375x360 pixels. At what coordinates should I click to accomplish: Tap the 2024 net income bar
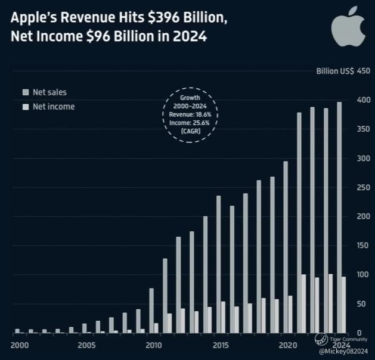pyautogui.click(x=344, y=305)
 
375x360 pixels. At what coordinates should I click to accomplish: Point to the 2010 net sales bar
pyautogui.click(x=151, y=310)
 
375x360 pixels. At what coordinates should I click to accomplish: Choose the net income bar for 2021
pyautogui.click(x=304, y=303)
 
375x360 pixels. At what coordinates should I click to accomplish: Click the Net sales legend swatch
pyautogui.click(x=24, y=93)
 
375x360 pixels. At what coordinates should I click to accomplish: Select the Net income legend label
pyautogui.click(x=54, y=107)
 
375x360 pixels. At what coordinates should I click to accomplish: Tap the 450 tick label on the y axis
pyautogui.click(x=364, y=72)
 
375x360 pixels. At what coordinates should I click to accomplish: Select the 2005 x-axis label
pyautogui.click(x=86, y=345)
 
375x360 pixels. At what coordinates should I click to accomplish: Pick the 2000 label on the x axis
pyautogui.click(x=19, y=345)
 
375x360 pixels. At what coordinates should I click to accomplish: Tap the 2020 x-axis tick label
pyautogui.click(x=288, y=345)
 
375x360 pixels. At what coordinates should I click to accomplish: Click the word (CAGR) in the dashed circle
pyautogui.click(x=191, y=129)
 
